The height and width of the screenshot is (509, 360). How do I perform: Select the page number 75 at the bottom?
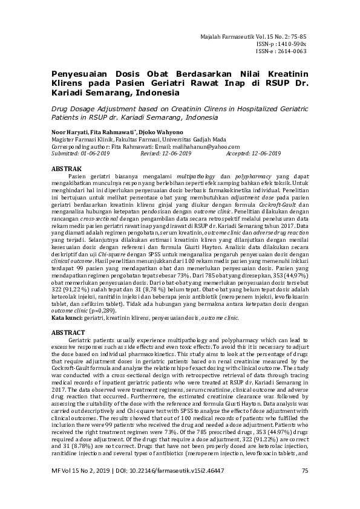(x=305, y=487)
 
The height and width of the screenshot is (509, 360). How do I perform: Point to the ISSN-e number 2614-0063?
(x=290, y=51)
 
